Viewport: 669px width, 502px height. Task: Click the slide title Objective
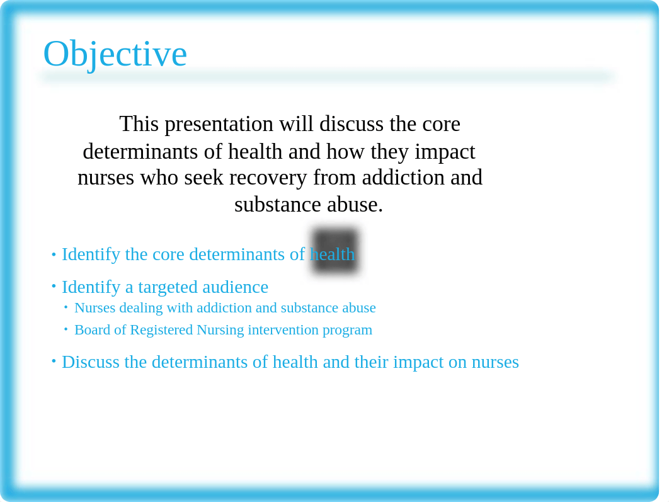pyautogui.click(x=115, y=54)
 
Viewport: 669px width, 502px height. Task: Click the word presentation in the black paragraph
pyautogui.click(x=219, y=125)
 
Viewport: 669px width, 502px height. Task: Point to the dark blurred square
pyautogui.click(x=335, y=251)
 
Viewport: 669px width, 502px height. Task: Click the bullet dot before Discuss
pyautogui.click(x=54, y=362)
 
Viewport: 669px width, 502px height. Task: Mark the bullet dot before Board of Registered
pyautogui.click(x=66, y=329)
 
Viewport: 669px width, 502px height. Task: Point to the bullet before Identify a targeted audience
pyautogui.click(x=54, y=286)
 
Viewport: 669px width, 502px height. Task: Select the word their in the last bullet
pyautogui.click(x=371, y=362)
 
